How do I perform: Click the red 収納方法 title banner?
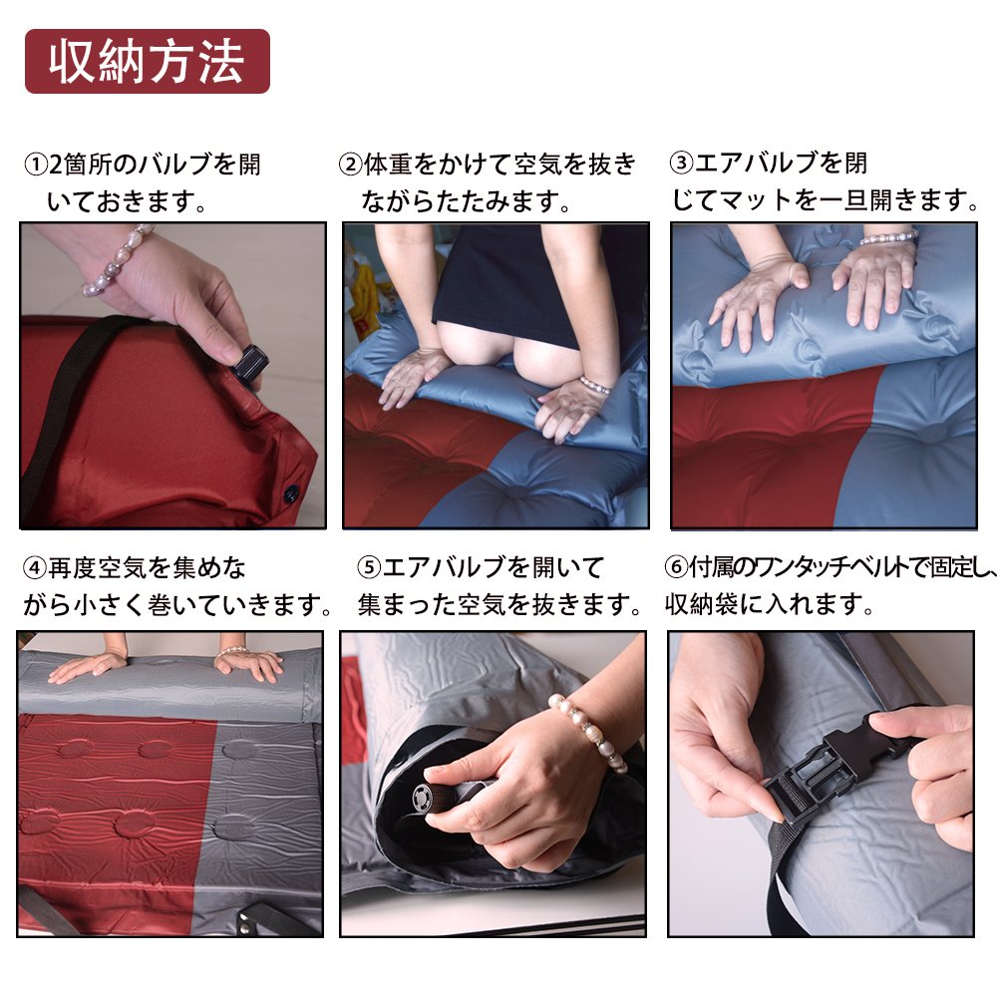[147, 61]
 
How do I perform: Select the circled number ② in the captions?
[350, 165]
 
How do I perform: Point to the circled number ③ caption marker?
[681, 163]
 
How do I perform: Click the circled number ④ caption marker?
[35, 568]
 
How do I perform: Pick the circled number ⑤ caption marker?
[369, 567]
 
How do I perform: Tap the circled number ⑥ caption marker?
[677, 567]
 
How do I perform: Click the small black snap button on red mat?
[291, 493]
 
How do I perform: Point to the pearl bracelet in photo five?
[587, 731]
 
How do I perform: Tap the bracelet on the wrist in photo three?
[889, 238]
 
